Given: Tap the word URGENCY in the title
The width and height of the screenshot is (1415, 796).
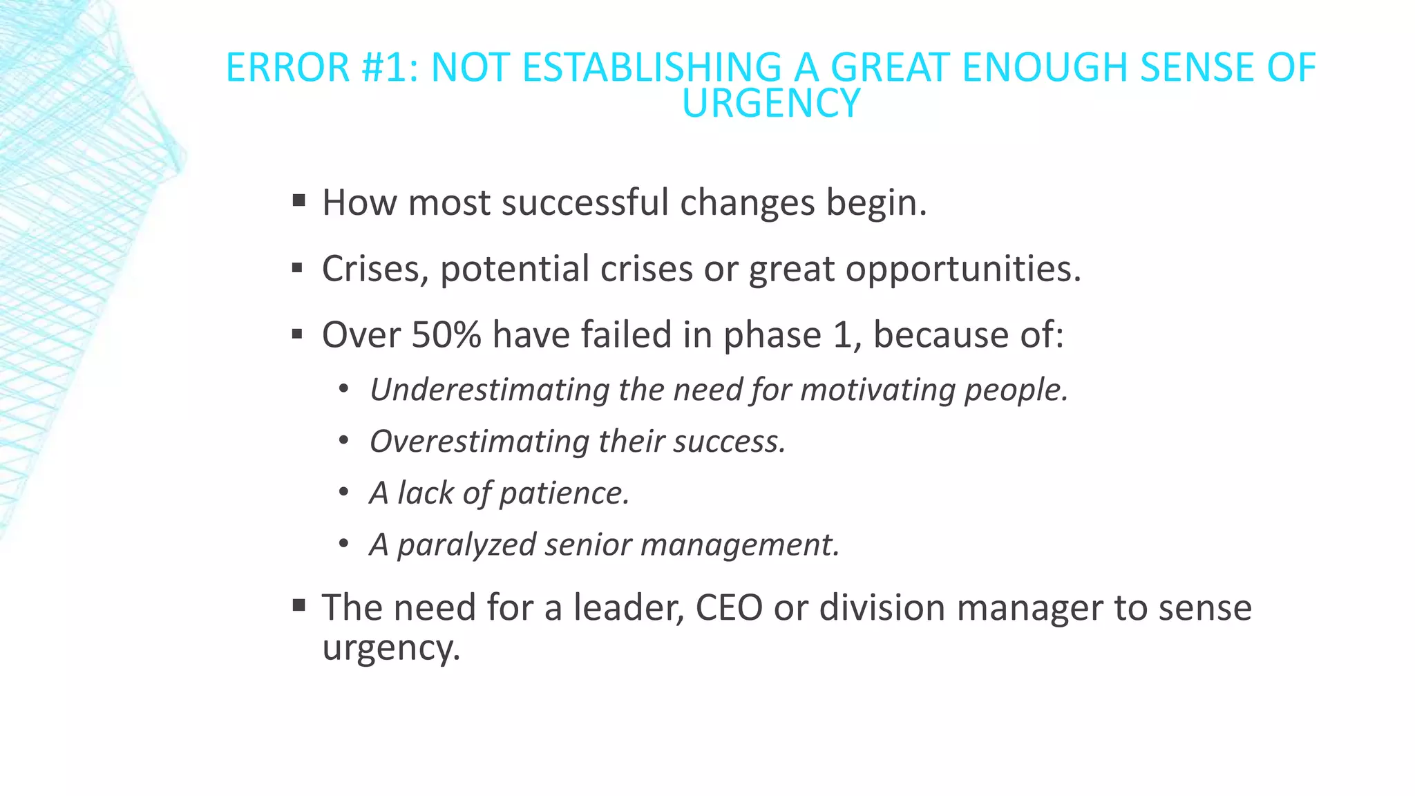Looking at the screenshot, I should pyautogui.click(x=770, y=104).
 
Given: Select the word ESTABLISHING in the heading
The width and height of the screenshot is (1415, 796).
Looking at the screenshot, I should pyautogui.click(x=652, y=68).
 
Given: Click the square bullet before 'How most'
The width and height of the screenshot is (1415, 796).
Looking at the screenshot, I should pyautogui.click(x=298, y=201).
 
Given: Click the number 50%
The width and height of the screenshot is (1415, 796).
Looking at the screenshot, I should pyautogui.click(x=446, y=334).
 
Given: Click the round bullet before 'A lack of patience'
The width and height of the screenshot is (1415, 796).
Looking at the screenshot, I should pyautogui.click(x=344, y=493).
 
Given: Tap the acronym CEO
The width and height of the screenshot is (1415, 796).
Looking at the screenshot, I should pyautogui.click(x=728, y=608).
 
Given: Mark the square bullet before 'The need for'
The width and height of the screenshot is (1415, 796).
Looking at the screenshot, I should pyautogui.click(x=298, y=606).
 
